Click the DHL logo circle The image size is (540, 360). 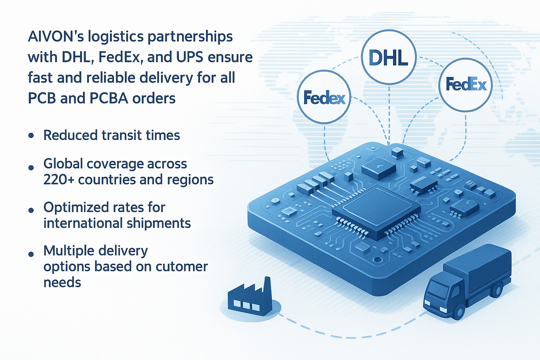click(x=389, y=57)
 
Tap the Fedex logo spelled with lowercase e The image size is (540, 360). click(x=324, y=97)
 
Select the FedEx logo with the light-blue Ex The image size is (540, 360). click(x=466, y=84)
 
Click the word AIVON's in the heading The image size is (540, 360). click(x=56, y=37)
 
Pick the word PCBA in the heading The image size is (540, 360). click(x=109, y=98)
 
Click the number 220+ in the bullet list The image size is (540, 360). click(x=59, y=180)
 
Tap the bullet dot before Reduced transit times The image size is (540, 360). click(x=32, y=135)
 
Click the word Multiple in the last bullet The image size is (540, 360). click(x=69, y=251)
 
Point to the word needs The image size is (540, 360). click(x=62, y=282)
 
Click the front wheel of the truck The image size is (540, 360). click(x=458, y=312)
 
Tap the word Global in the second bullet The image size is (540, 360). click(x=63, y=164)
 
